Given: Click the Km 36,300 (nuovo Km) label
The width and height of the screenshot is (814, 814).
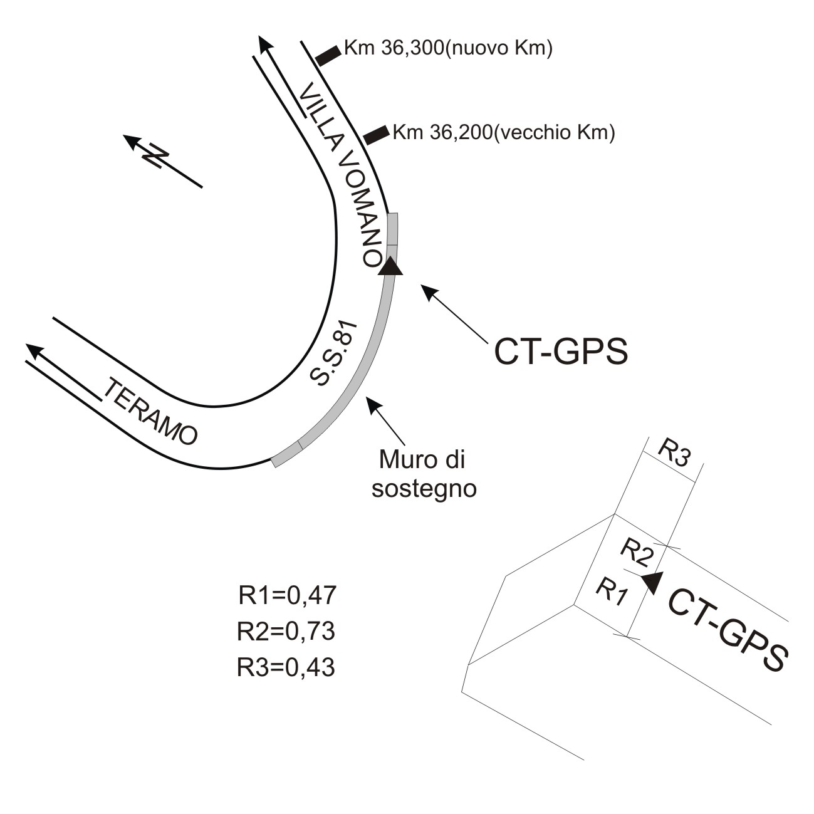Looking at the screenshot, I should pyautogui.click(x=447, y=49).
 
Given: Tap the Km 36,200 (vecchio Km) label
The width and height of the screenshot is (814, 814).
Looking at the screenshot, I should pyautogui.click(x=503, y=133).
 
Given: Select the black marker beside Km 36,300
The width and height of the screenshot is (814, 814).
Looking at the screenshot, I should pyautogui.click(x=328, y=55).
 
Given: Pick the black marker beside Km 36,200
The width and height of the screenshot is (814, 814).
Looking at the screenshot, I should pyautogui.click(x=375, y=134).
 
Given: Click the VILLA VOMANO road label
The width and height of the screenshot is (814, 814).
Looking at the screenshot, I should pyautogui.click(x=342, y=176).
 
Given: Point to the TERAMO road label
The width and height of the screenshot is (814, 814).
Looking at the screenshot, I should pyautogui.click(x=150, y=412).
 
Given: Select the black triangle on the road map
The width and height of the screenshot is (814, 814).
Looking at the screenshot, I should pyautogui.click(x=391, y=266).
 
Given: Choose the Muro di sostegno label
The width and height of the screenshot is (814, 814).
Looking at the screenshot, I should pyautogui.click(x=424, y=474).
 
